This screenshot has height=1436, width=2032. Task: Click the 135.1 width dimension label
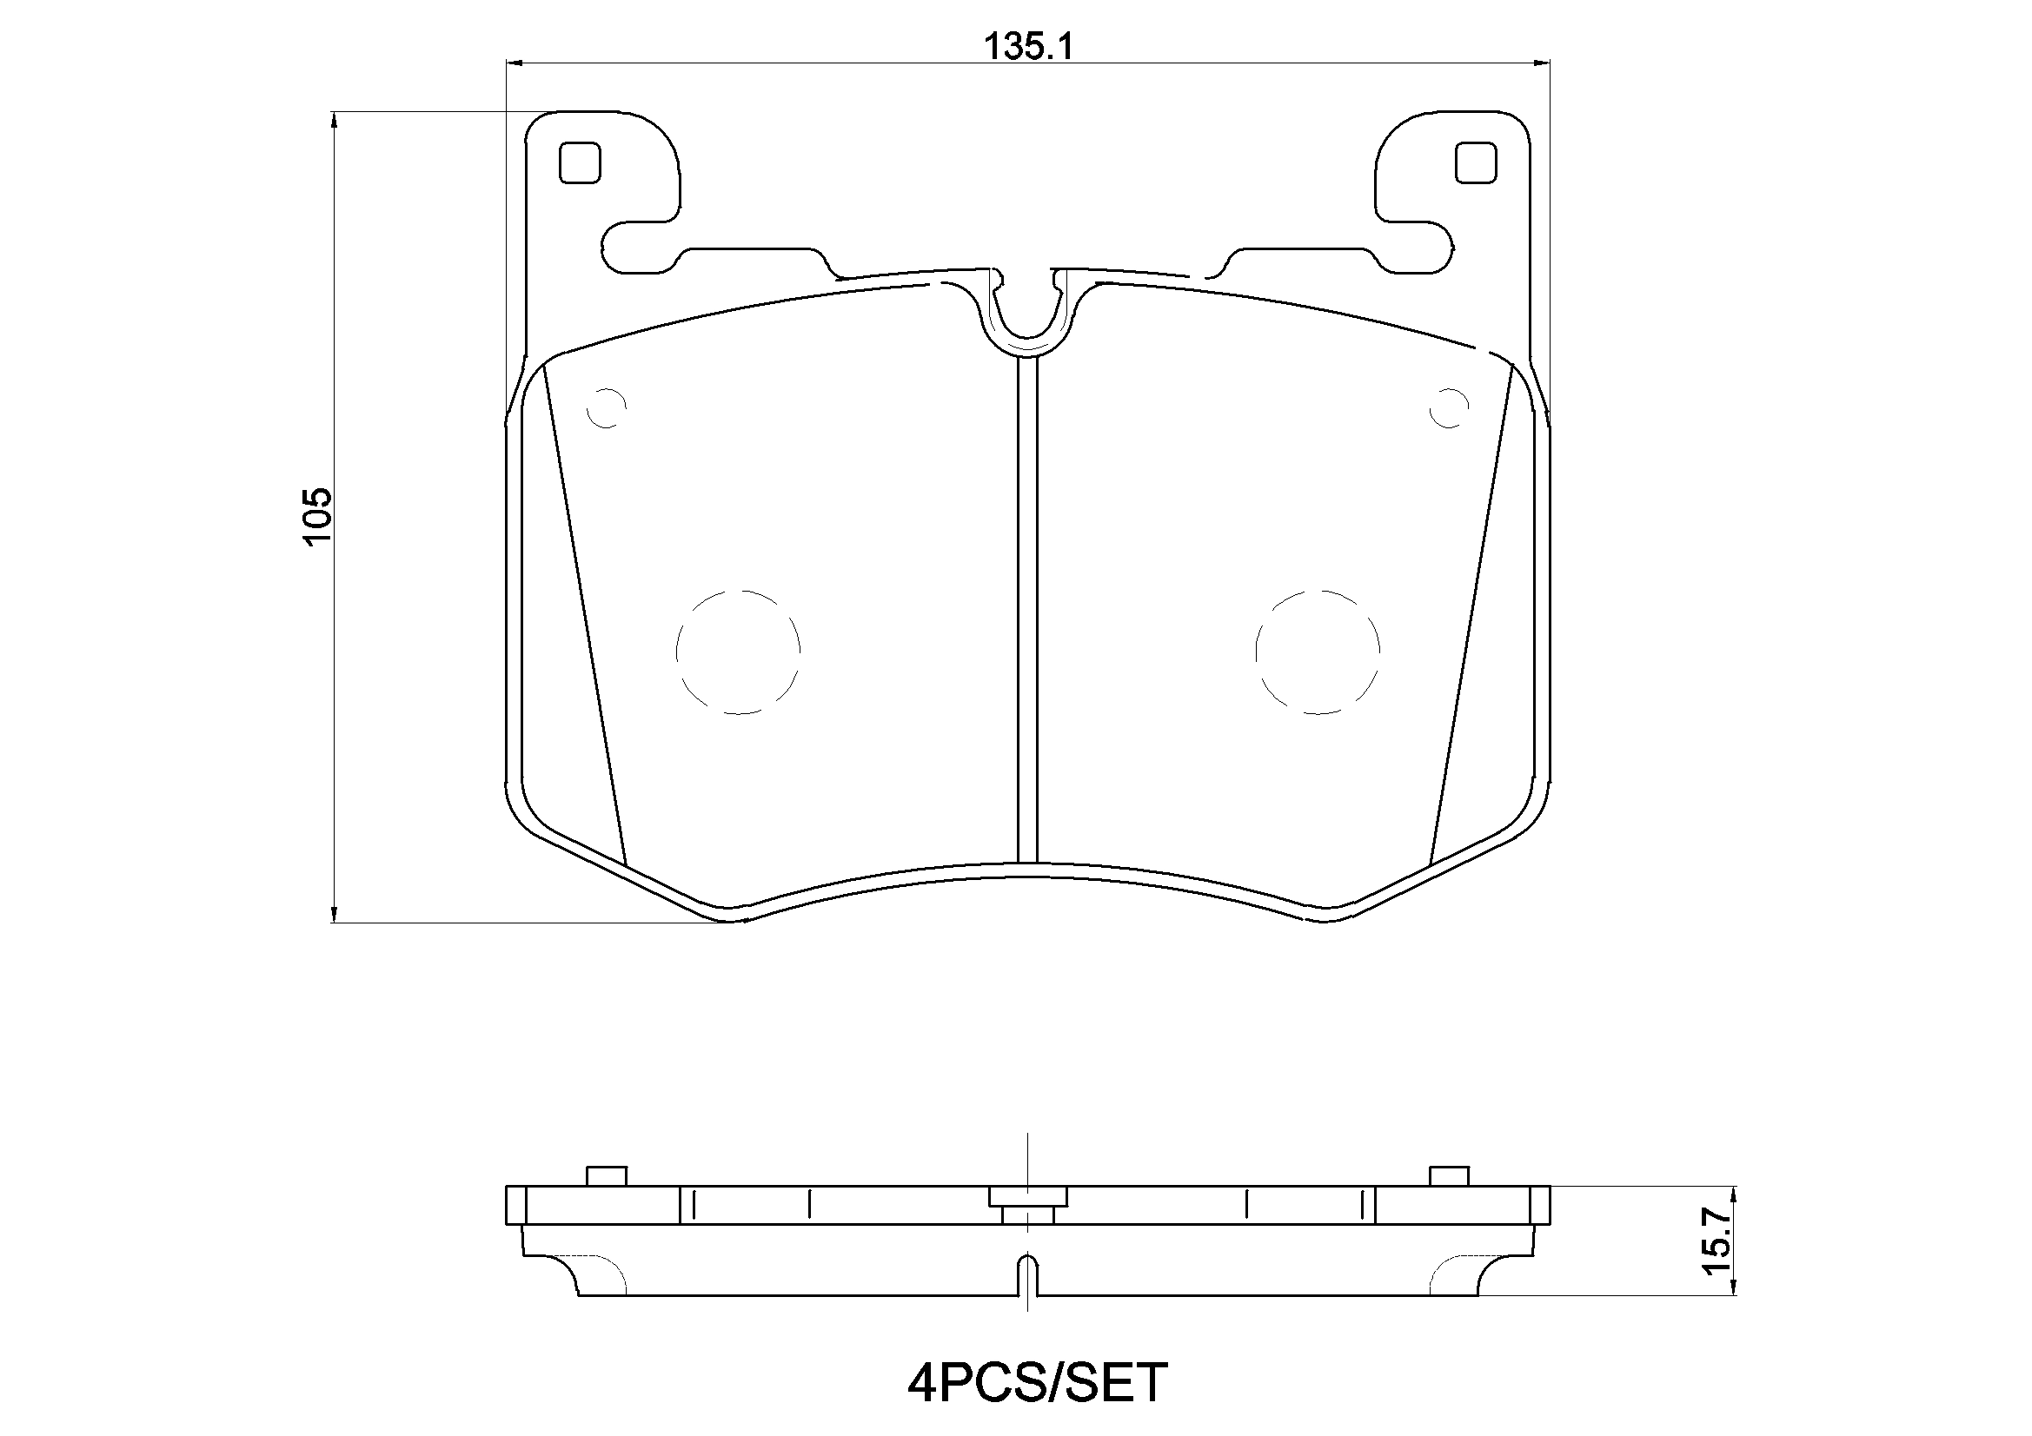pos(1029,47)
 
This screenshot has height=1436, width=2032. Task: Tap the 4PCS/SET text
pos(1037,1383)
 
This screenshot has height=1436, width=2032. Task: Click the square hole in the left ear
pos(581,162)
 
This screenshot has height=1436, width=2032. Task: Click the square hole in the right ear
pos(1477,162)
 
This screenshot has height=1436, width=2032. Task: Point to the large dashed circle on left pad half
pos(738,652)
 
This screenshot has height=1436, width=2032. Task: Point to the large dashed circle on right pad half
pos(1317,652)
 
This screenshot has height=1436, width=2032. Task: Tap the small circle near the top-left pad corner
pos(608,408)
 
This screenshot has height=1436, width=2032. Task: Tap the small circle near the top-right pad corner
pos(1450,408)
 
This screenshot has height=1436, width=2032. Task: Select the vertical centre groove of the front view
pos(1027,611)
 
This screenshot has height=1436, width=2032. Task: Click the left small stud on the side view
pos(608,1176)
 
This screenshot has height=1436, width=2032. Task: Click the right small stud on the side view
pos(1450,1176)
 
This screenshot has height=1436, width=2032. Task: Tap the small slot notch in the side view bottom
pos(1027,1274)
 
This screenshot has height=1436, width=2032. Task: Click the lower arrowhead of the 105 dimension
pos(334,913)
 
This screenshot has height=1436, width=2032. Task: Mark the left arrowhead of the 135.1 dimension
pos(515,63)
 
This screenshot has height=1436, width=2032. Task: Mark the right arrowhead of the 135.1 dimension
pos(1542,63)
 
